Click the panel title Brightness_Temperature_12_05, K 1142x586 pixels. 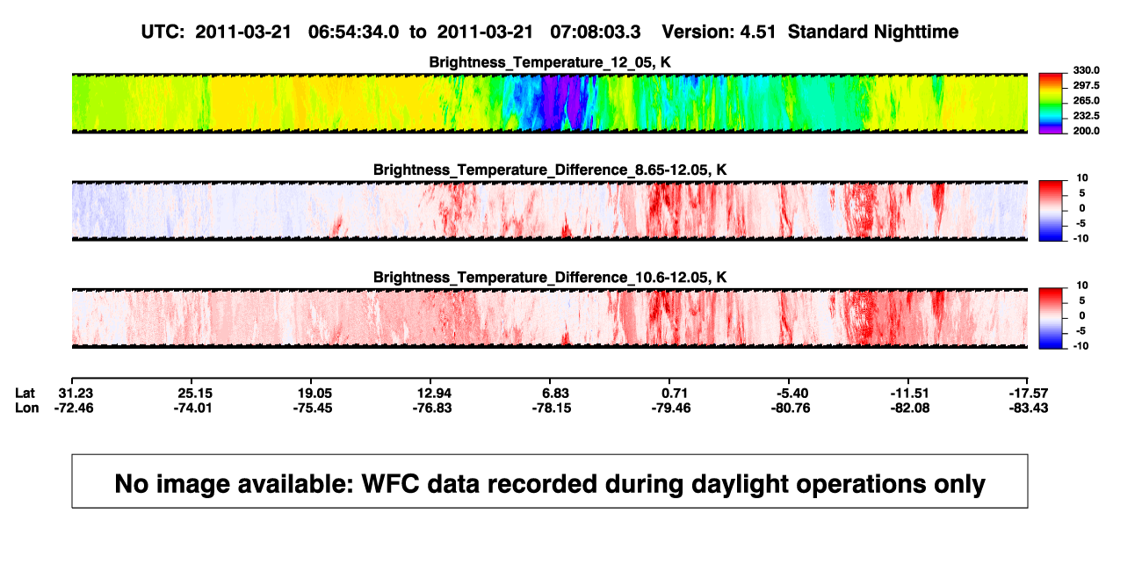pos(550,62)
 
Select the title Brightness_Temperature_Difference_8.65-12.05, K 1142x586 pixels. pos(550,170)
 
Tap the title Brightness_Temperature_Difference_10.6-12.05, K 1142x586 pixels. pos(550,278)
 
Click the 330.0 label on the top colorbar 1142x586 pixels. pos(1086,70)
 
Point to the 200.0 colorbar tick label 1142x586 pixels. pos(1086,131)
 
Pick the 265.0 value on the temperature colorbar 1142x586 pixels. pos(1086,100)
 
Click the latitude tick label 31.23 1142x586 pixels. pos(75,394)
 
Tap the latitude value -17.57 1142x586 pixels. pos(1029,394)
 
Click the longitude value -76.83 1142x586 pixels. pos(432,408)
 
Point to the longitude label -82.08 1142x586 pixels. pos(910,408)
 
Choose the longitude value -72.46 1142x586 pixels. pos(74,408)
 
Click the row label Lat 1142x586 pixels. pos(25,394)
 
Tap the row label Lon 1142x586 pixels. pos(27,408)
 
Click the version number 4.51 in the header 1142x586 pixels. pos(757,32)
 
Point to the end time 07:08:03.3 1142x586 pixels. pos(596,32)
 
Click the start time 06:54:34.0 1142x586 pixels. pos(353,32)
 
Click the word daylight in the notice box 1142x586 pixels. pos(738,484)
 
